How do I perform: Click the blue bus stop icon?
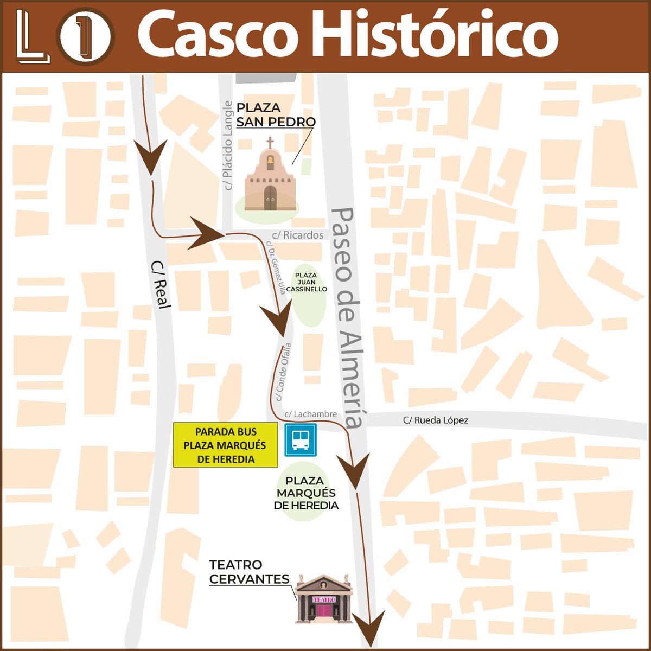[300, 439]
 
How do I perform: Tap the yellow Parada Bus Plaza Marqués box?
[225, 445]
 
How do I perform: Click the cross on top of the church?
[270, 143]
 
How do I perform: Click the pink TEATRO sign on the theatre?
[324, 599]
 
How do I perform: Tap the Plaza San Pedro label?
[276, 114]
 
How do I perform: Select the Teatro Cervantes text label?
[249, 572]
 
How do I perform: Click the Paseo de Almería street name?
[348, 317]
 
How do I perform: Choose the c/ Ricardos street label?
[298, 235]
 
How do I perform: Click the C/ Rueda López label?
[435, 420]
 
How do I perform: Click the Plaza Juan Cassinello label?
[307, 282]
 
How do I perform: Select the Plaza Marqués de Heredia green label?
[306, 493]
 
